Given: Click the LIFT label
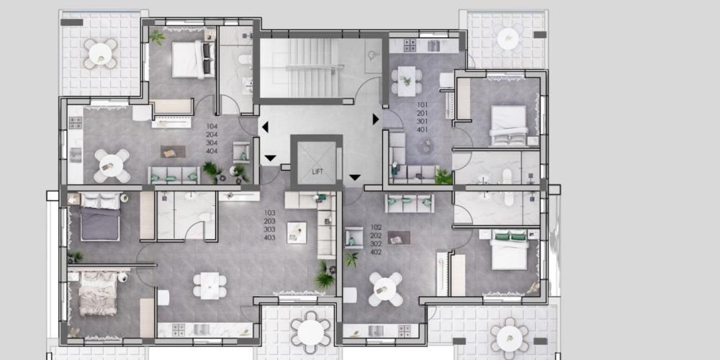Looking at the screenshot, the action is point(318,172).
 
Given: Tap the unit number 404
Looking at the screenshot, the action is point(212,151).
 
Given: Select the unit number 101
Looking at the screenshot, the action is point(423,104).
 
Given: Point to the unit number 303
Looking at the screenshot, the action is point(269,229).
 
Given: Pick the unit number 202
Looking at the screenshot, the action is point(376,235).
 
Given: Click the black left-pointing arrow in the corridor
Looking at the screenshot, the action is point(265,127).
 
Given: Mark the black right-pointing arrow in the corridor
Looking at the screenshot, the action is point(376,120).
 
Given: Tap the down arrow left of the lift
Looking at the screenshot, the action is point(271,158).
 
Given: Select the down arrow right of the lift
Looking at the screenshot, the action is point(354,177).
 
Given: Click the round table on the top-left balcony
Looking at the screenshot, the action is point(100,54).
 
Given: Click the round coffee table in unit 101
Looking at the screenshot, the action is point(426,146).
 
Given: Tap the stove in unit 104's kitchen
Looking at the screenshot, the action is point(76,122).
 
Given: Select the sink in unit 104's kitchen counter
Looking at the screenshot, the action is point(76,155).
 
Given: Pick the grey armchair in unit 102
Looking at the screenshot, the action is point(353,238).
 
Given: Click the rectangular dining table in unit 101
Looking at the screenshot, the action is point(406,81).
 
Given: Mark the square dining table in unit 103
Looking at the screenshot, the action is point(210,286).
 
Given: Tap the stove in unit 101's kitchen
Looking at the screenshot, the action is point(410,45).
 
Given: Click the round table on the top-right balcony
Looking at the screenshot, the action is point(508,39).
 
